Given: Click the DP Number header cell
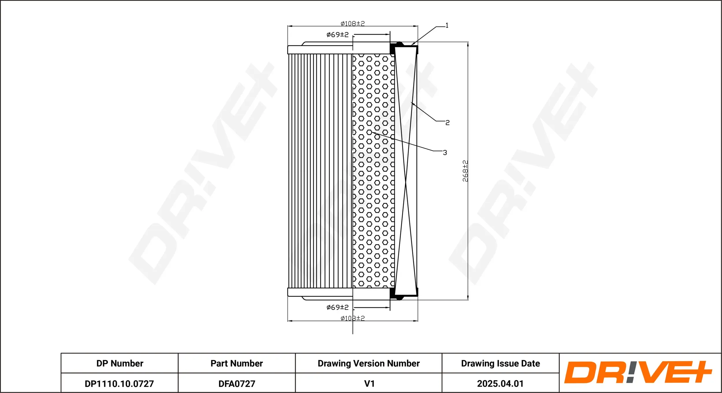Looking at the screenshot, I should click(120, 363).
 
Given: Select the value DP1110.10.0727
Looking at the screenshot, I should click(119, 383).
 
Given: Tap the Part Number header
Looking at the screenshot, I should click(237, 363).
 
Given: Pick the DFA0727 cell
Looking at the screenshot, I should click(237, 383).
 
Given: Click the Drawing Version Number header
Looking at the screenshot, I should click(369, 363).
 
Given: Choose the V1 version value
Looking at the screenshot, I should click(369, 383).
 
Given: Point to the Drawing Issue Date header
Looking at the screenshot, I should click(500, 363).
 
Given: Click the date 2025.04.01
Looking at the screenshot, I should click(500, 383).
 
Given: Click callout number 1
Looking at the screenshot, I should click(447, 25).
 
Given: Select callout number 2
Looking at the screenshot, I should click(447, 123).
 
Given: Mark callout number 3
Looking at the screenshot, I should click(445, 153).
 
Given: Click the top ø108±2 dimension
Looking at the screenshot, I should click(353, 23).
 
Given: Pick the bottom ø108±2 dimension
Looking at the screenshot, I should click(353, 318).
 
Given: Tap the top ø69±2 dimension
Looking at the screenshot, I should click(337, 35).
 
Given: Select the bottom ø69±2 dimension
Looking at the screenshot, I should click(337, 307).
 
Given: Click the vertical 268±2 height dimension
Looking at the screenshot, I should click(465, 171).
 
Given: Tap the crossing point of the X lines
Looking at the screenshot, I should click(406, 181).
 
